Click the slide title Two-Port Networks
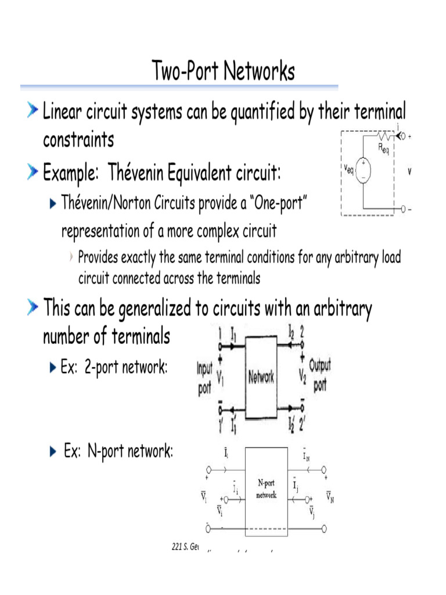click(x=224, y=72)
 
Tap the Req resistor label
click(x=383, y=149)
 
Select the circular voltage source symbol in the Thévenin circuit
click(x=365, y=173)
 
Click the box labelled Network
click(x=261, y=378)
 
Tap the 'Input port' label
click(x=204, y=378)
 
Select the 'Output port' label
click(x=320, y=375)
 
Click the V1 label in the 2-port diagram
click(x=221, y=378)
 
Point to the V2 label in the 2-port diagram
click(x=301, y=378)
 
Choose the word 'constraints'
click(x=78, y=140)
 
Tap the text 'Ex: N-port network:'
click(x=118, y=451)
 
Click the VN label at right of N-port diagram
click(x=330, y=497)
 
